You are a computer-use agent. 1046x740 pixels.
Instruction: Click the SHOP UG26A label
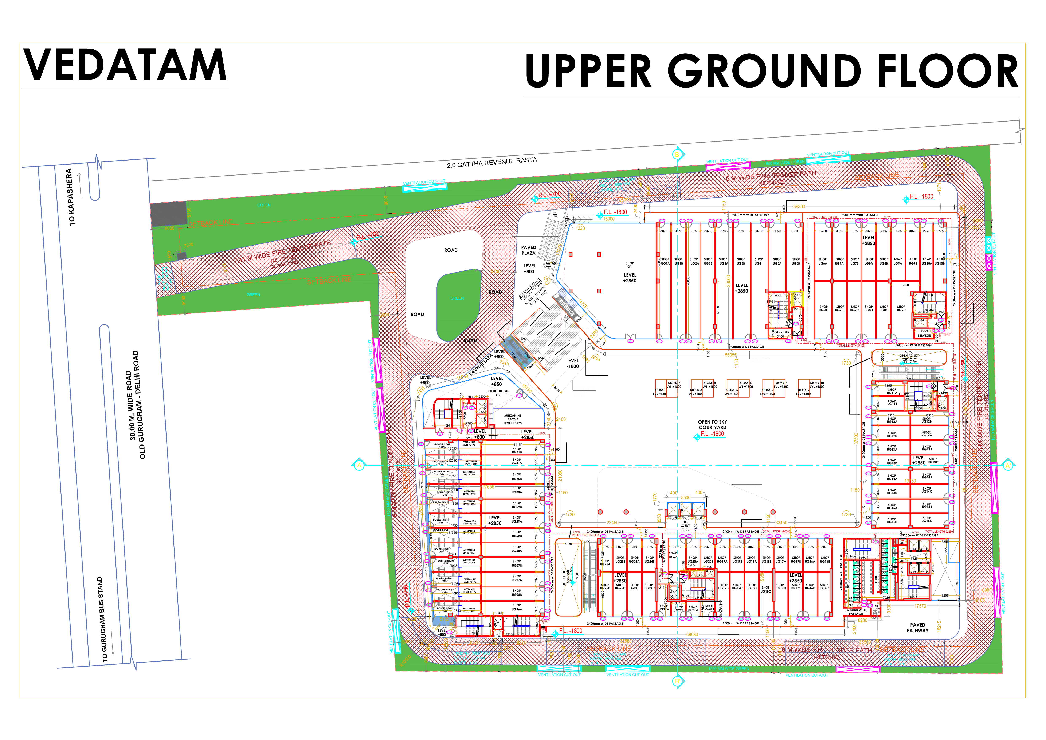pyautogui.click(x=517, y=607)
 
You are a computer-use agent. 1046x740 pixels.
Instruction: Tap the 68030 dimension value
pyautogui.click(x=692, y=634)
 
